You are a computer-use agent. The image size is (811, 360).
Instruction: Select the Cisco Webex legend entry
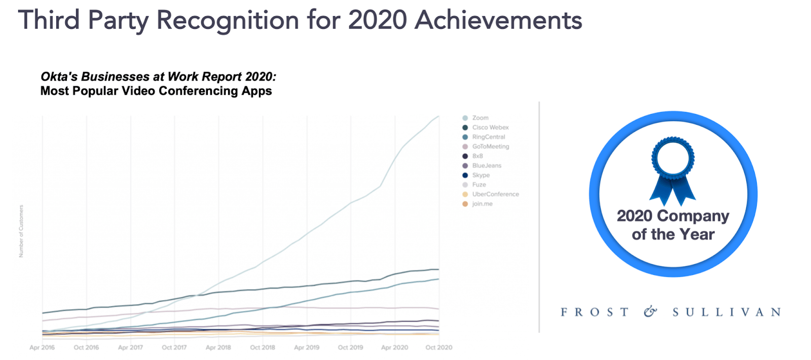[x=490, y=127]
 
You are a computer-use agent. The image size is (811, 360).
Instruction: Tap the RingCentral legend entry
[x=488, y=137]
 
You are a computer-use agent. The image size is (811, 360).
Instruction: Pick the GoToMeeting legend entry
[x=490, y=147]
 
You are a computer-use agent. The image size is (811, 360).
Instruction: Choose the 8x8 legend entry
[x=477, y=156]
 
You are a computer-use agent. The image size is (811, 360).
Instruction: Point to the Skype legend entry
[x=481, y=175]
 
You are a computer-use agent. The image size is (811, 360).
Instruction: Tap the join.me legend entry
[x=482, y=204]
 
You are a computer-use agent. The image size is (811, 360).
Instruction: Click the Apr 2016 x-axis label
[x=42, y=347]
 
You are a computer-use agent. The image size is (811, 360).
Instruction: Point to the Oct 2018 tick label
[x=263, y=347]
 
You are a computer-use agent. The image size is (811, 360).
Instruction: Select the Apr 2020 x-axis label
[x=394, y=347]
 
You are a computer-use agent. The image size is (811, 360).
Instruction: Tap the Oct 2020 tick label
[x=439, y=347]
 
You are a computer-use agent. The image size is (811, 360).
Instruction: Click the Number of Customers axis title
[x=21, y=231]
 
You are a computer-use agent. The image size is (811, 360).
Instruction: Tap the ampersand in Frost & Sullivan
[x=650, y=312]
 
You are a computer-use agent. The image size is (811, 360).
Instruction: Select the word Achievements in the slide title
[x=498, y=20]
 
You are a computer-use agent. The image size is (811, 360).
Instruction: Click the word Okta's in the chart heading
[x=59, y=77]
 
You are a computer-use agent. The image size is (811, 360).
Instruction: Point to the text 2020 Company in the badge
[x=673, y=216]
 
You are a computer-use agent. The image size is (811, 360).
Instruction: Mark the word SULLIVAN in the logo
[x=726, y=312]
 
